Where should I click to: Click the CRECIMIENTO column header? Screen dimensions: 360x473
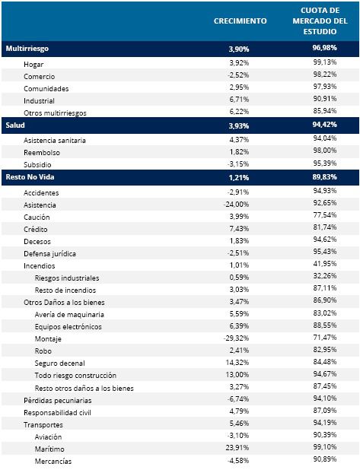click(240, 21)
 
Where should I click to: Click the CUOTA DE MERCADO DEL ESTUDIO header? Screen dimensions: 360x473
click(320, 21)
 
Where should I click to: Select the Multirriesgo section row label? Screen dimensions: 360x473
click(27, 49)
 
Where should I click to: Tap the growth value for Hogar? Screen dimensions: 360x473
click(239, 63)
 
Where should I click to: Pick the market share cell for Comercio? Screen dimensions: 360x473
click(325, 75)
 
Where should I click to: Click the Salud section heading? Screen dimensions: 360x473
click(15, 125)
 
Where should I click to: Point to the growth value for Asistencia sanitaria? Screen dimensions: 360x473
click(239, 140)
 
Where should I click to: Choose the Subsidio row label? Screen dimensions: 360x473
click(37, 165)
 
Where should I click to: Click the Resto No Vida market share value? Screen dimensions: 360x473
click(325, 176)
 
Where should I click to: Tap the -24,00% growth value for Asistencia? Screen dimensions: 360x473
click(236, 205)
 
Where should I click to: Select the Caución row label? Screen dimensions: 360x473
click(37, 217)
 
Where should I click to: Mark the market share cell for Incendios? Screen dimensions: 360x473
click(325, 264)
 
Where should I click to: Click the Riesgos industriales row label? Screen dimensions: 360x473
click(67, 278)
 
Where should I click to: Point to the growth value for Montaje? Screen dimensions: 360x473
click(236, 338)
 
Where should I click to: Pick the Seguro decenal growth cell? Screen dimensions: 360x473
click(237, 362)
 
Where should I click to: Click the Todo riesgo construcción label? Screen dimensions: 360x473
click(75, 376)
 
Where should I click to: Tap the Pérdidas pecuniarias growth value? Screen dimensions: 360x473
click(238, 398)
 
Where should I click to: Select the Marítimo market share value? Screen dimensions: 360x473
click(325, 447)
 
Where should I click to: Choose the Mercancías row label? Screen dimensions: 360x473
click(53, 462)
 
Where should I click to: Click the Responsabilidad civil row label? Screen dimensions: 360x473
click(57, 413)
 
